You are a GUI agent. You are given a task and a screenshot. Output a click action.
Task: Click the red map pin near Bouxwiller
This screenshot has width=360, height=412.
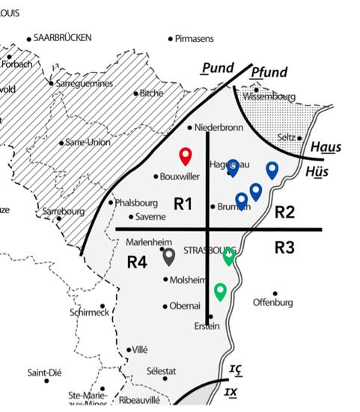pyautogui.click(x=186, y=156)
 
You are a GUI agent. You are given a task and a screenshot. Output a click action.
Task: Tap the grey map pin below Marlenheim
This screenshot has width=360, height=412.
pyautogui.click(x=169, y=256)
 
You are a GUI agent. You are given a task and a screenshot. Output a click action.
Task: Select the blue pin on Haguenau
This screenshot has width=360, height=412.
pyautogui.click(x=233, y=167)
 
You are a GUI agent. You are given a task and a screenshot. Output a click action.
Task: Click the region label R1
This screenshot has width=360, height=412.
pyautogui.click(x=183, y=203)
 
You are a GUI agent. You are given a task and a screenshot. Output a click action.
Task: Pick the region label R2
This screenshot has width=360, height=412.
pyautogui.click(x=284, y=212)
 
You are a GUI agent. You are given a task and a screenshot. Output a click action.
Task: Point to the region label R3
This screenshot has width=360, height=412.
pyautogui.click(x=284, y=247)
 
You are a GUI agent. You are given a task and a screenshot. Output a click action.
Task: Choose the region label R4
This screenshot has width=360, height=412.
pyautogui.click(x=137, y=262)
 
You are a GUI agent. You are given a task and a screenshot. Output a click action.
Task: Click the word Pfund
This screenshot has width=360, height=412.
pyautogui.click(x=269, y=72)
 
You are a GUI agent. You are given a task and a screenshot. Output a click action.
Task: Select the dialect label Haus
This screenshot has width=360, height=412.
pyautogui.click(x=326, y=147)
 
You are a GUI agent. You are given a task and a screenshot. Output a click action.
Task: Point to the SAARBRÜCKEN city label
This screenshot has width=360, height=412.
pyautogui.click(x=63, y=37)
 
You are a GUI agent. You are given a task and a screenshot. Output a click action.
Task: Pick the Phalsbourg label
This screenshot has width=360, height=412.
pyautogui.click(x=136, y=202)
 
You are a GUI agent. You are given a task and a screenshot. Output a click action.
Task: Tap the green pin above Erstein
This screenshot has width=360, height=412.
pyautogui.click(x=220, y=290)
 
